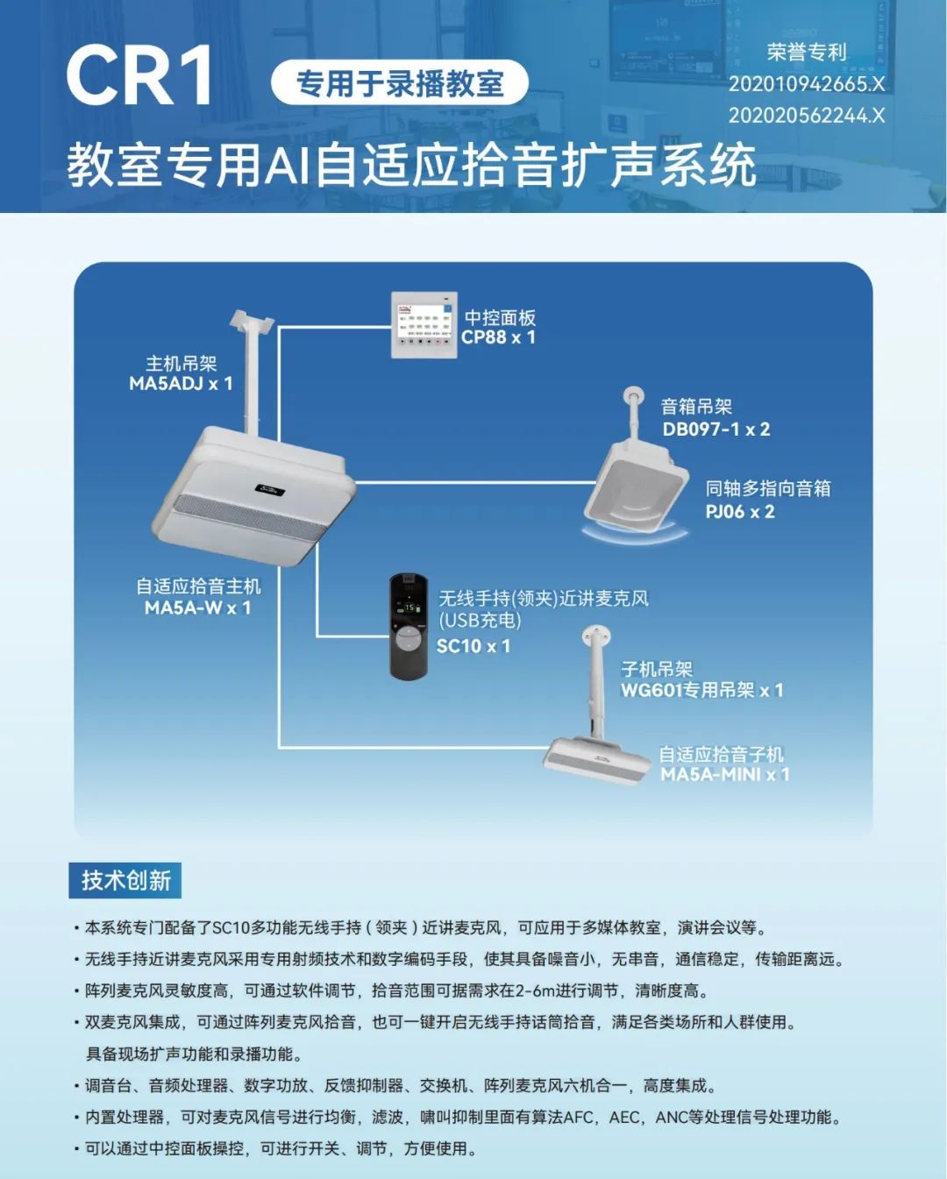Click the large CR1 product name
click(140, 76)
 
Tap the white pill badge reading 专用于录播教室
click(400, 84)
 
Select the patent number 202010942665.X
click(806, 84)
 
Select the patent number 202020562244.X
click(806, 115)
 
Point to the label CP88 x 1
click(498, 337)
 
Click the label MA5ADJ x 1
click(181, 383)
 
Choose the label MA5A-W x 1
click(197, 607)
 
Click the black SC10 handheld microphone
click(409, 626)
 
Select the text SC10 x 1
click(473, 646)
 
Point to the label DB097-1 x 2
click(716, 429)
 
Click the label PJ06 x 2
click(739, 511)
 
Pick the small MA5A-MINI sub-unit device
click(597, 758)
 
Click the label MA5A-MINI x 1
click(724, 774)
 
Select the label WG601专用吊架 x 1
click(701, 690)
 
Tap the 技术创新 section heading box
click(125, 880)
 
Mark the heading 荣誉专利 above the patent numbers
click(806, 53)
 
